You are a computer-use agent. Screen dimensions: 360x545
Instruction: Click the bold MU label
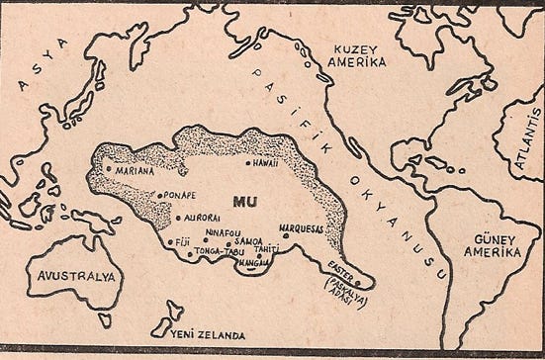(244, 200)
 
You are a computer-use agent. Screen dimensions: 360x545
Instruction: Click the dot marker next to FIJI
(170, 240)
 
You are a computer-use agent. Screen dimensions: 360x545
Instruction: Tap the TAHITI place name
(265, 249)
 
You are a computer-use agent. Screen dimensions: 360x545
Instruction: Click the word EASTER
(341, 266)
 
